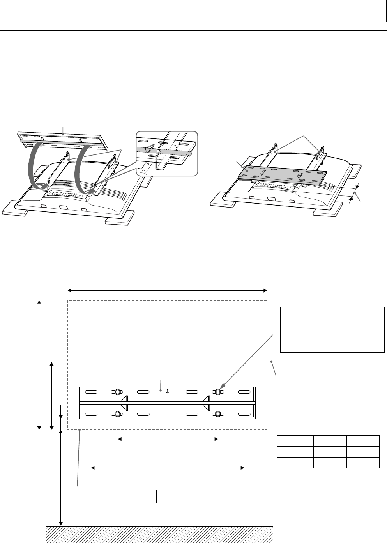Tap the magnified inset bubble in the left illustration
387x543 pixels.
tap(166, 153)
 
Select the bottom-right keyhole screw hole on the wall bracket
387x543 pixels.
tap(218, 414)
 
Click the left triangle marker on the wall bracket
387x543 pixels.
tap(124, 403)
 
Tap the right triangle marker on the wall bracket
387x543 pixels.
tap(206, 403)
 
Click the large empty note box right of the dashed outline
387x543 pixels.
tap(332, 330)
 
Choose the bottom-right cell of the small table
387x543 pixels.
tap(371, 463)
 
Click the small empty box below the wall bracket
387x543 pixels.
tap(170, 496)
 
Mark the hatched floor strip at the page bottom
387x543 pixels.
tap(159, 534)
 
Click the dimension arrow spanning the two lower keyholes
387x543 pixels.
tap(168, 439)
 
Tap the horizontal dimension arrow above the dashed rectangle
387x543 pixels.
tap(167, 290)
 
